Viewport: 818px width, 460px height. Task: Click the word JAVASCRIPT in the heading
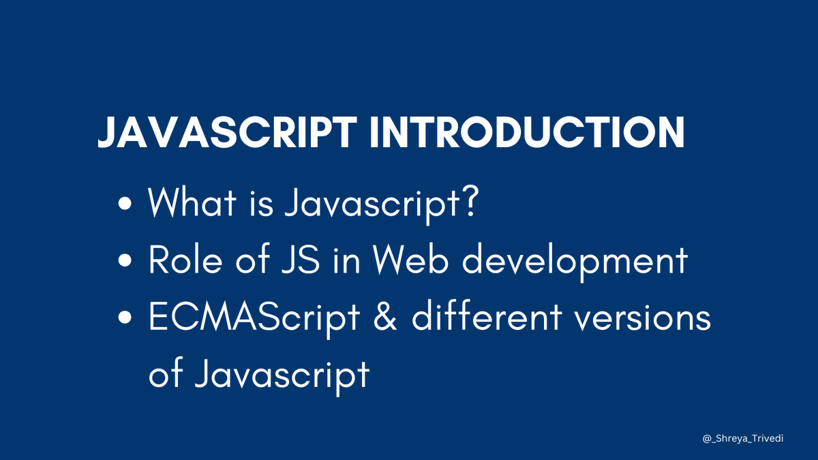(227, 133)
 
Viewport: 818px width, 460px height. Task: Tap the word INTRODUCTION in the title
(526, 133)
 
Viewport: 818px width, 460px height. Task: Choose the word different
(487, 318)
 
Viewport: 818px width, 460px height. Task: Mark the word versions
(643, 318)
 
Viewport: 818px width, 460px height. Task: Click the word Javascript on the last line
(282, 375)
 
